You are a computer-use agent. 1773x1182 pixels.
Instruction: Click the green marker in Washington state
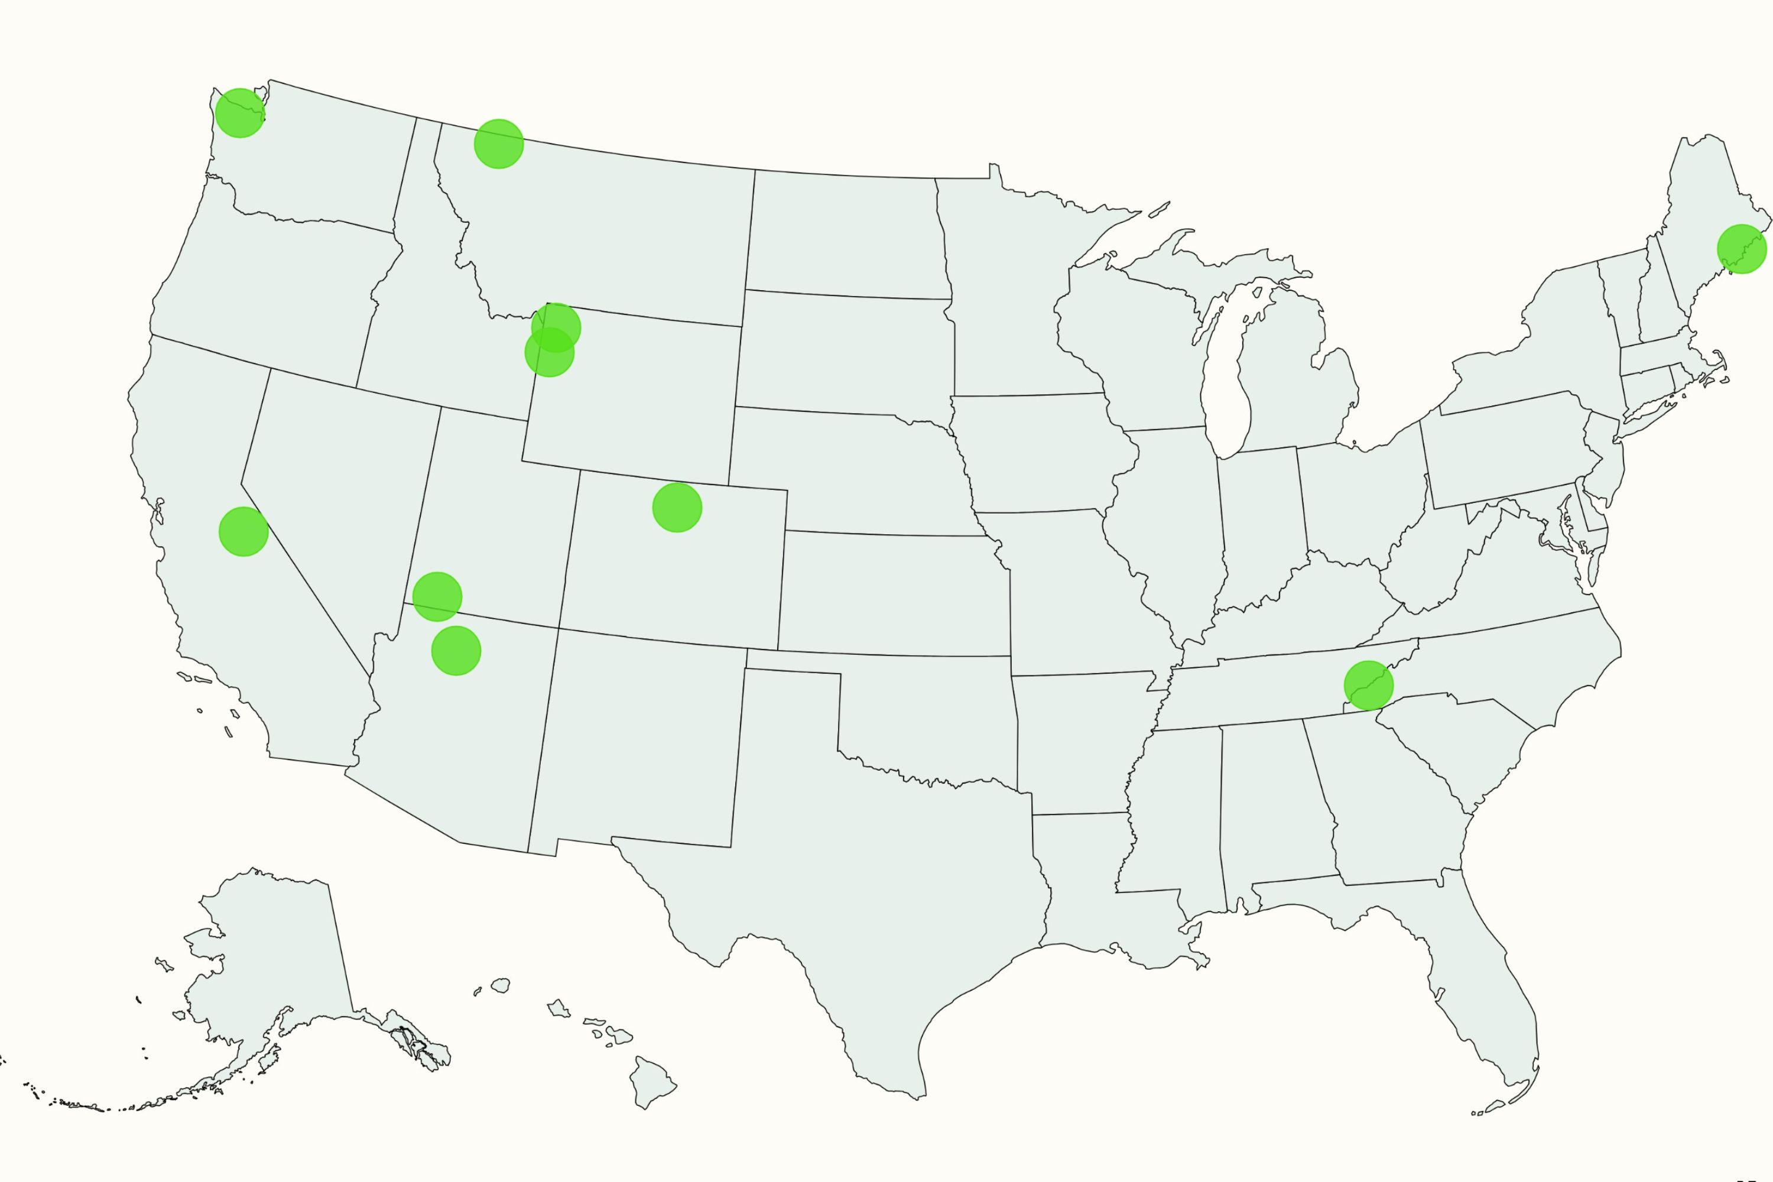[240, 113]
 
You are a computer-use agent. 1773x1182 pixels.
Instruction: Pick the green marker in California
[243, 531]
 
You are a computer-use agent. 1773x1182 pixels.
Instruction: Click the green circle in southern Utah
[437, 596]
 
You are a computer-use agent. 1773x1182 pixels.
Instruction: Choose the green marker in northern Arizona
[456, 651]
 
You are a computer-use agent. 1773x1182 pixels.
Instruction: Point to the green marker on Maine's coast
[1741, 249]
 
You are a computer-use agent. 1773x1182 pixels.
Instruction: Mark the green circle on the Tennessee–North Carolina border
[1368, 685]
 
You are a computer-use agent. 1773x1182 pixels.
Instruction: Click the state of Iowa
[1040, 452]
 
